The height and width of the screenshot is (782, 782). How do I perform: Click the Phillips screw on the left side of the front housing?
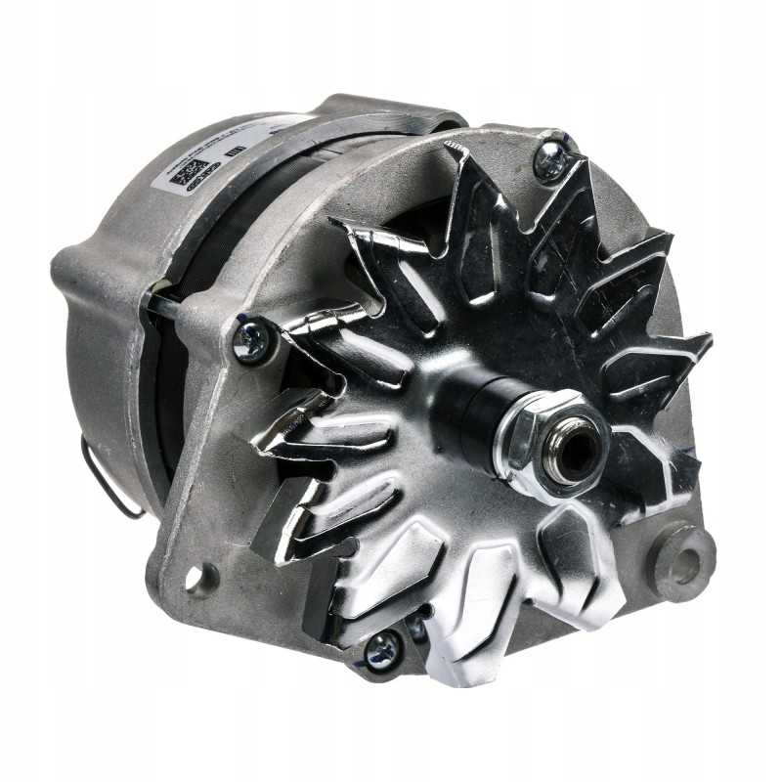click(x=249, y=340)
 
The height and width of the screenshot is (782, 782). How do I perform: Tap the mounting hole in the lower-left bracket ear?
click(x=203, y=578)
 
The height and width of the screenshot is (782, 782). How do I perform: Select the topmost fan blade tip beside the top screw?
click(x=459, y=156)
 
